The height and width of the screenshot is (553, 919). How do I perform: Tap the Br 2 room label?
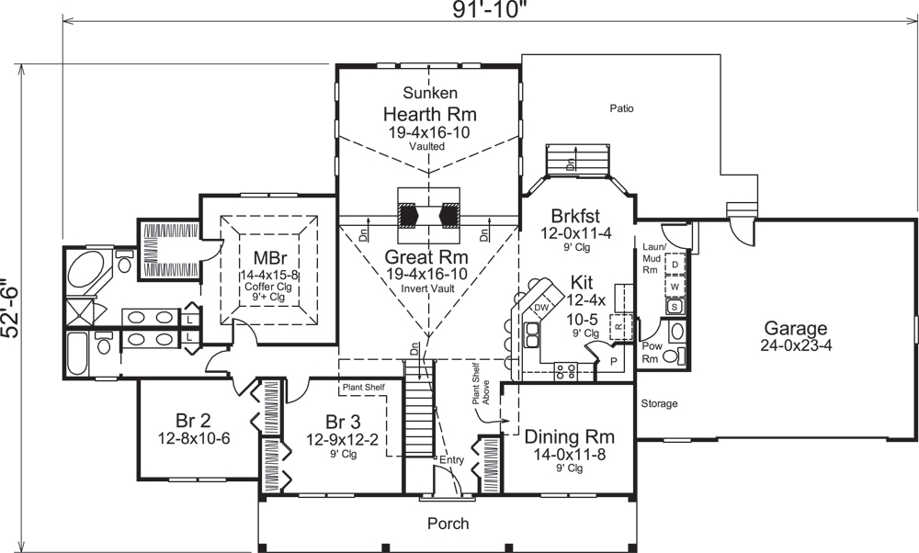(192, 421)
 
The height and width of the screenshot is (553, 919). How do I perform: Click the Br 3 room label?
(342, 422)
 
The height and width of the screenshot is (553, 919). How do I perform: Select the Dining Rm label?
(568, 436)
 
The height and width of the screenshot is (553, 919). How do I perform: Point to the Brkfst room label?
(575, 218)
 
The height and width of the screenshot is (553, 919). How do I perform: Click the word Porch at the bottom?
(448, 524)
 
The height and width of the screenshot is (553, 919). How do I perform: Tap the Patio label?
(621, 108)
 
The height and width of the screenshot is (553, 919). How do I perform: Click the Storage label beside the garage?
(659, 403)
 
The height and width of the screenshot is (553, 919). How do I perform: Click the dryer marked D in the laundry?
(675, 265)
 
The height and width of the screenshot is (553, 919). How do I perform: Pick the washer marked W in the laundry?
(675, 286)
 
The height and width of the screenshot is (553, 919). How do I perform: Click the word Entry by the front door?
(452, 458)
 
